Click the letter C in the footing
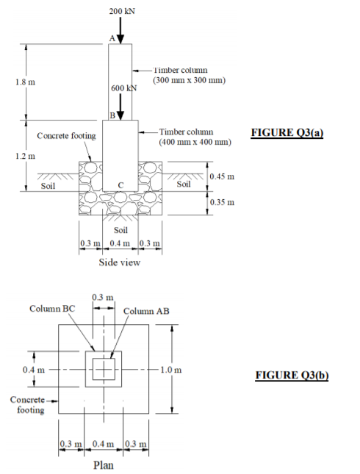pyautogui.click(x=119, y=182)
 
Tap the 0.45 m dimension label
pyautogui.click(x=221, y=176)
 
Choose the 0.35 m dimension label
pyautogui.click(x=221, y=201)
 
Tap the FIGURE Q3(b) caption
pyautogui.click(x=291, y=375)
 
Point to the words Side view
pyautogui.click(x=120, y=262)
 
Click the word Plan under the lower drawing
pyautogui.click(x=103, y=464)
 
